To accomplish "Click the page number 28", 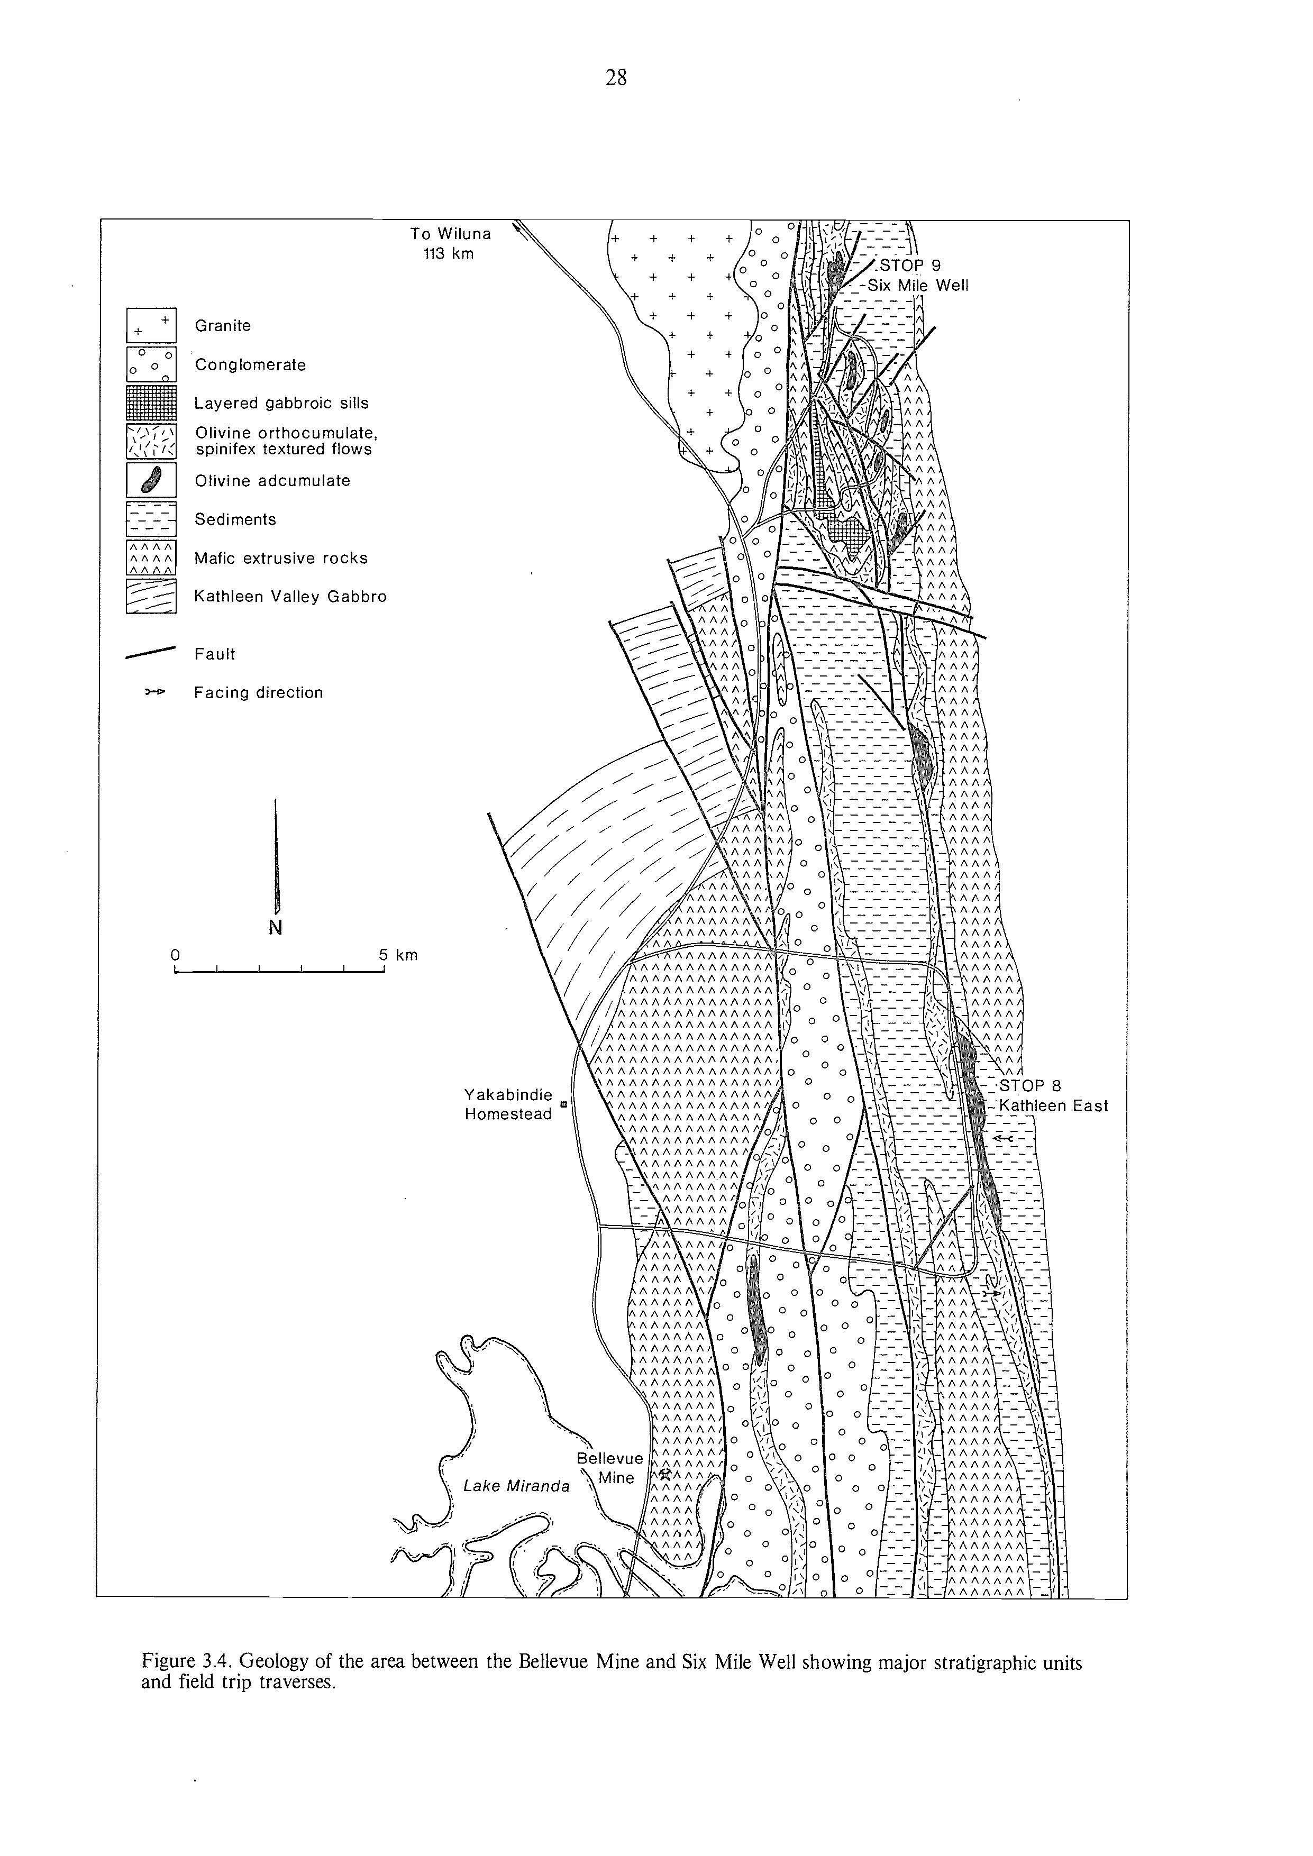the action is (x=616, y=78).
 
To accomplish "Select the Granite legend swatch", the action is (x=151, y=326).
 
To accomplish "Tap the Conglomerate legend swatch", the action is (x=151, y=364).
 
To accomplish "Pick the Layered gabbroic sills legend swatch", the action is (x=151, y=403).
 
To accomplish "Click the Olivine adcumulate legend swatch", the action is (x=151, y=480).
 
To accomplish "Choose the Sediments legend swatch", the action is (x=151, y=519).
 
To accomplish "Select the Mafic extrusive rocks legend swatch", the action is (x=151, y=558).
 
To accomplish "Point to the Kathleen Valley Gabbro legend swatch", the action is (x=151, y=597).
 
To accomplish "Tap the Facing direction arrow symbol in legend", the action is (x=154, y=693).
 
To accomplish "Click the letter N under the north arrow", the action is (x=276, y=927).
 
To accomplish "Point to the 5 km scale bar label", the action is (x=398, y=955).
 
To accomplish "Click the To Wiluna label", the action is (x=450, y=234).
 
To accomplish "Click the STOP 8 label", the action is (x=1030, y=1086).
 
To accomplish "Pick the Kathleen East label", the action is (x=1053, y=1106).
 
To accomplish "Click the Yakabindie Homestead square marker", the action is (x=563, y=1103).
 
